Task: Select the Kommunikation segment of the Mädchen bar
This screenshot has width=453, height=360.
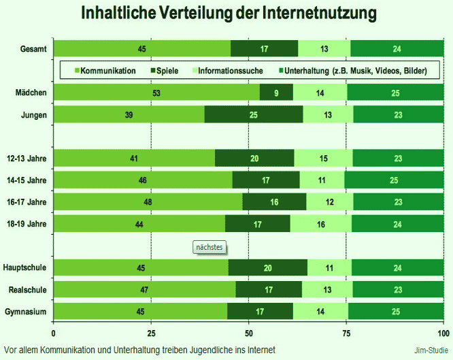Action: tap(156, 93)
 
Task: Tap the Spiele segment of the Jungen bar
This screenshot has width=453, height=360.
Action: tap(254, 115)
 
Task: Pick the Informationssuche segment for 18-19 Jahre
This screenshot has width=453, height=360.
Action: tap(320, 224)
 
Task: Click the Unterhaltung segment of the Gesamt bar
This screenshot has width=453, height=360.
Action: tap(397, 48)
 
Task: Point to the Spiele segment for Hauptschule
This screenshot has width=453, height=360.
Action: tap(267, 267)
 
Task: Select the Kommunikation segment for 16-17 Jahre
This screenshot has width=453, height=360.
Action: tap(148, 202)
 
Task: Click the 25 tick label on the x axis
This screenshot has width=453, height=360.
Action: tap(151, 333)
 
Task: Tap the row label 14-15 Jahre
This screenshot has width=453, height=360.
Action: tap(27, 180)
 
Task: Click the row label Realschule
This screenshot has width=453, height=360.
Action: tap(27, 289)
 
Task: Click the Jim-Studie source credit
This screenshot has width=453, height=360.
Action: tap(426, 349)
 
